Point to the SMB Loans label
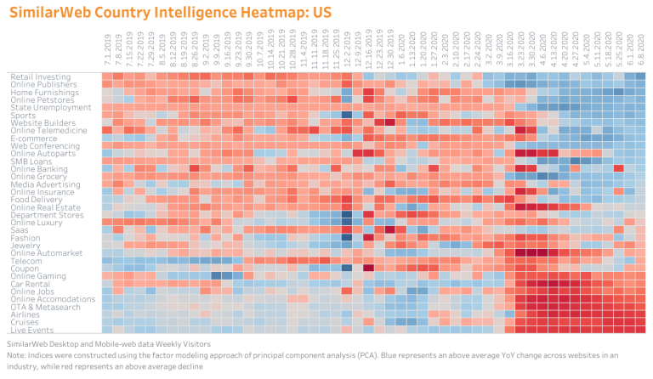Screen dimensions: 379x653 click(x=29, y=161)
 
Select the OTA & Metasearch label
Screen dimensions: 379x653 click(x=46, y=307)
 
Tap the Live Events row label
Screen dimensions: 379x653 click(x=31, y=330)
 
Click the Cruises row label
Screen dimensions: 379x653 click(x=24, y=322)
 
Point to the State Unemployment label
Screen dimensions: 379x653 click(x=50, y=108)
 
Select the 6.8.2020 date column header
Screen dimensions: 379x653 click(x=640, y=52)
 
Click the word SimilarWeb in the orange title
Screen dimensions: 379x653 click(x=46, y=13)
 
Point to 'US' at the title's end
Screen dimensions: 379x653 click(x=318, y=13)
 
